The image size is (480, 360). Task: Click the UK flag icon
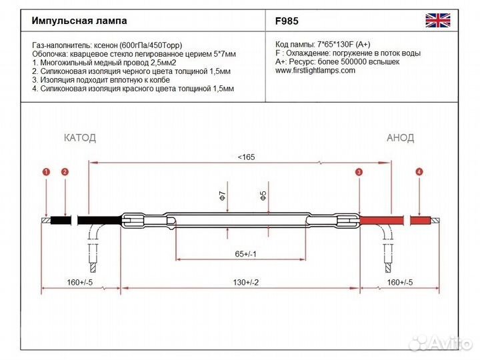[x=437, y=21]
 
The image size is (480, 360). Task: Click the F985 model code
[x=287, y=21]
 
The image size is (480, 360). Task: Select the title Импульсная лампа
[x=79, y=21]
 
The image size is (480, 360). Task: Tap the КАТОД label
[x=80, y=138]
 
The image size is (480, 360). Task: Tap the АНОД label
[x=401, y=138]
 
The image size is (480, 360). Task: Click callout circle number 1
[x=46, y=172]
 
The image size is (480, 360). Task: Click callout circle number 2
[x=65, y=172]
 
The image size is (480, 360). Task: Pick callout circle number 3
[x=359, y=173]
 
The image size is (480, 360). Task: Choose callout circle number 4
[x=419, y=172]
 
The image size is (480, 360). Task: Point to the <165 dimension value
[x=246, y=157]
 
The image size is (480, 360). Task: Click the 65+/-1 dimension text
[x=247, y=254]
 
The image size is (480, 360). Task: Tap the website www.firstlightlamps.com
[x=315, y=71]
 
